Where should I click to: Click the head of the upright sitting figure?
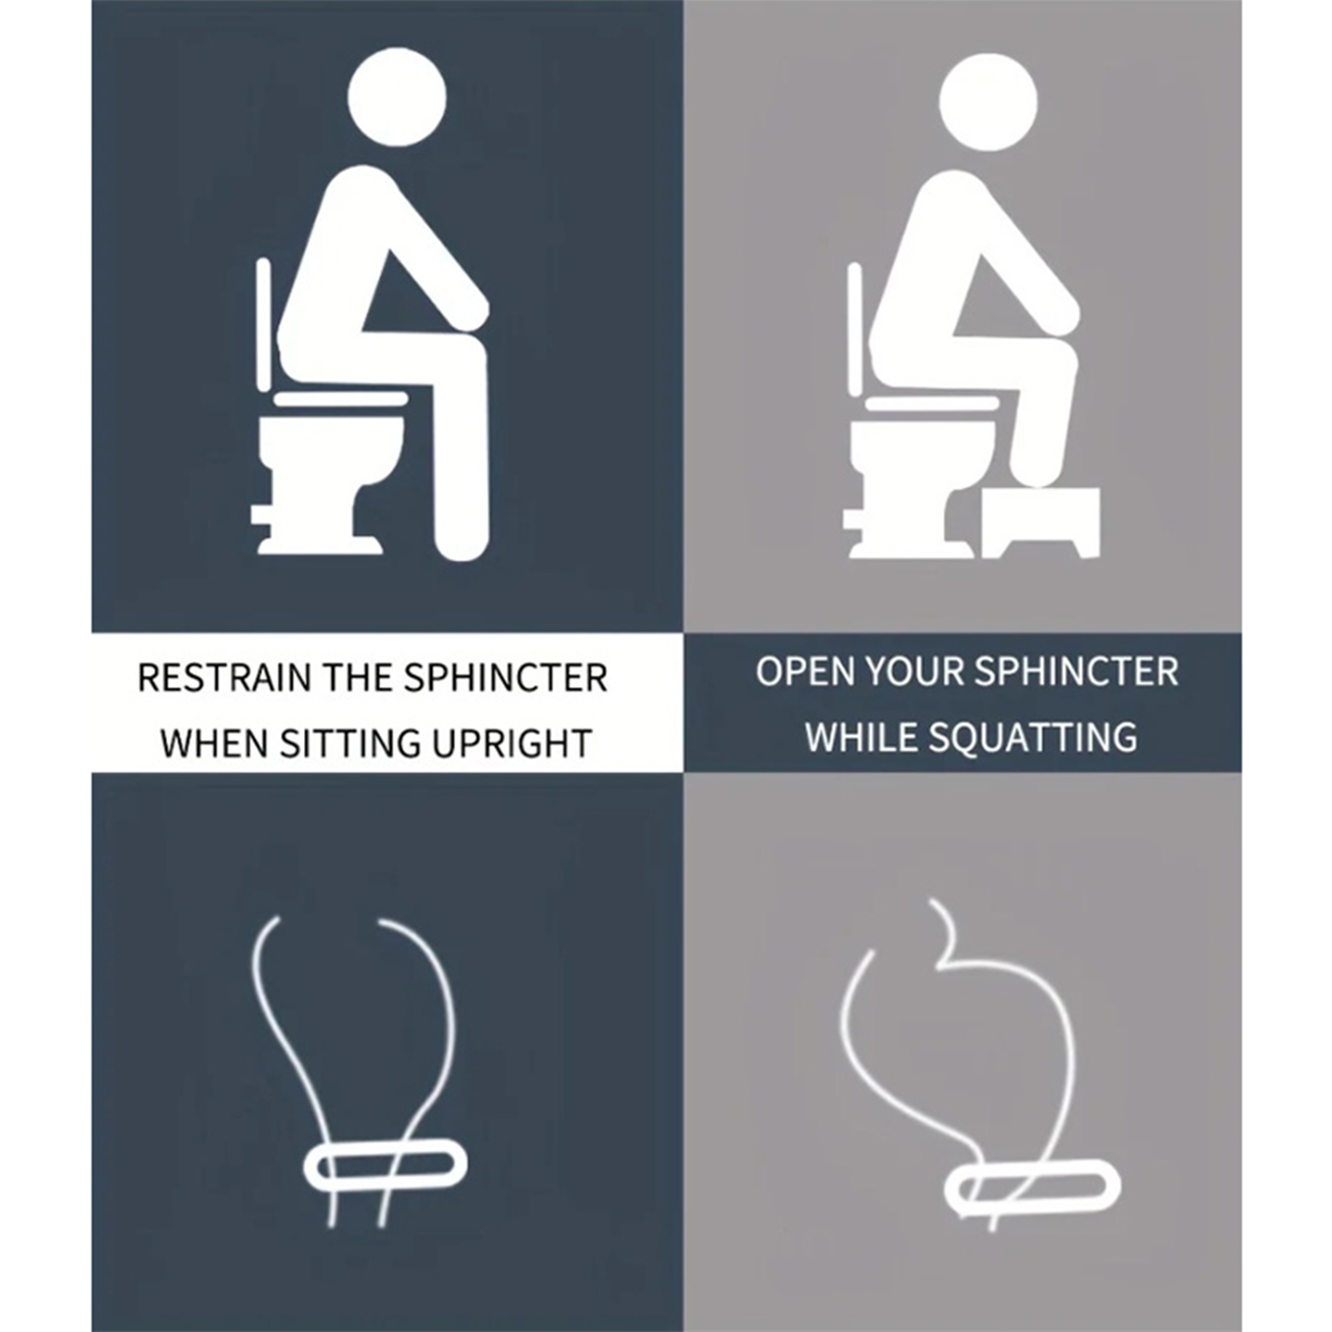click(x=396, y=97)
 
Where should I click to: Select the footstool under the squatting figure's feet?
click(x=1041, y=523)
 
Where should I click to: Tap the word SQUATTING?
click(x=1032, y=738)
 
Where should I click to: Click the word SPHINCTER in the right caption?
click(x=1076, y=672)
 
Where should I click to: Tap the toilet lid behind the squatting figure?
click(x=857, y=330)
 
